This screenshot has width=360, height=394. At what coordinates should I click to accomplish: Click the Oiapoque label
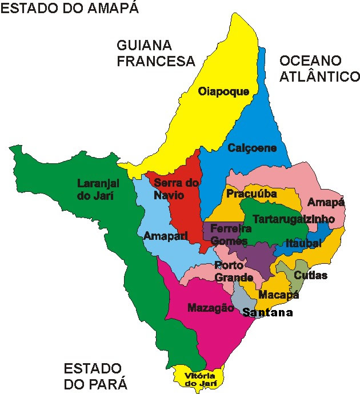(223, 91)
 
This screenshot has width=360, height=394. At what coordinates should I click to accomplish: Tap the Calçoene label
(252, 148)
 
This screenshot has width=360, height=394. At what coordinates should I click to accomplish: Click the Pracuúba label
(251, 194)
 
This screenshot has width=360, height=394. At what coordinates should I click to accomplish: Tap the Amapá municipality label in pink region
(326, 203)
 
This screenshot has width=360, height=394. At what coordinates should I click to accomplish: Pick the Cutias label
(310, 275)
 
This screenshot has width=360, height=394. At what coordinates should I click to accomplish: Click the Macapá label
(279, 295)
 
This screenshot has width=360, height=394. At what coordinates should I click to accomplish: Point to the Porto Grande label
(230, 271)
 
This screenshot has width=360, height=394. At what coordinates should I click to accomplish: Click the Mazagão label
(211, 307)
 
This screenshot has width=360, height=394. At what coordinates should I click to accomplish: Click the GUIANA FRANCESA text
(156, 53)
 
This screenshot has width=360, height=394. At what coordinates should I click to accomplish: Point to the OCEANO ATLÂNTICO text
(319, 68)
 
